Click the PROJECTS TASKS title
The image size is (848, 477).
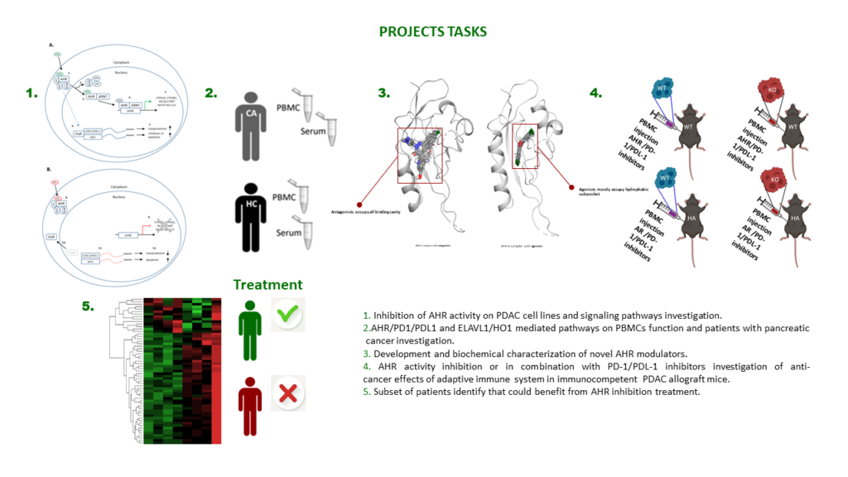tap(432, 32)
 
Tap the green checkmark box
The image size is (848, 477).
tap(288, 316)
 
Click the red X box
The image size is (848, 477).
tap(288, 396)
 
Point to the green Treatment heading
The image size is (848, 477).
tap(262, 285)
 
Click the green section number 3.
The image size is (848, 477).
tap(383, 93)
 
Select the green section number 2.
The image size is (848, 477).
tap(211, 94)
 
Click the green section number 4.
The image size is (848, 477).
tap(596, 93)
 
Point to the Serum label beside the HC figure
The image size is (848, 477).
tap(290, 234)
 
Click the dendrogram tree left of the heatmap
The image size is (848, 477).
tap(124, 369)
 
